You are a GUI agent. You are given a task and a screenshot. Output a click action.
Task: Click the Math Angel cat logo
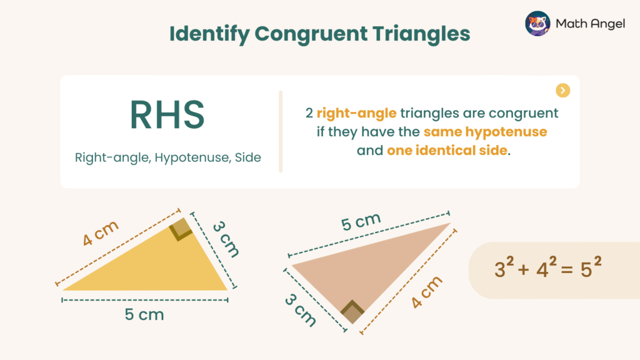(537, 23)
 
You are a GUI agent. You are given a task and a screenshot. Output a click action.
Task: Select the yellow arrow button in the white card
(562, 91)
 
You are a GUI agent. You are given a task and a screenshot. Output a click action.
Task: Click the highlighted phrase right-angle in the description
(356, 114)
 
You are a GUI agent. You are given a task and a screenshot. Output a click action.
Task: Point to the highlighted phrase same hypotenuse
(485, 132)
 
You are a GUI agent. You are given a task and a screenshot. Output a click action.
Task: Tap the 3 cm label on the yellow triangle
(225, 238)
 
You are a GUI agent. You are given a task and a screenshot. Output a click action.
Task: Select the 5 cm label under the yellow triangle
(144, 314)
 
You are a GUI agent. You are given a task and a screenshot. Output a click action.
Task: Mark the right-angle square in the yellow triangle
(181, 231)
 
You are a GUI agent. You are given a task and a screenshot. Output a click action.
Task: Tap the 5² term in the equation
(589, 269)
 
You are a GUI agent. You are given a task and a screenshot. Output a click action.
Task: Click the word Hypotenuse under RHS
(191, 157)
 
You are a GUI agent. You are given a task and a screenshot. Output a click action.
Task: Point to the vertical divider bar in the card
(281, 131)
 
